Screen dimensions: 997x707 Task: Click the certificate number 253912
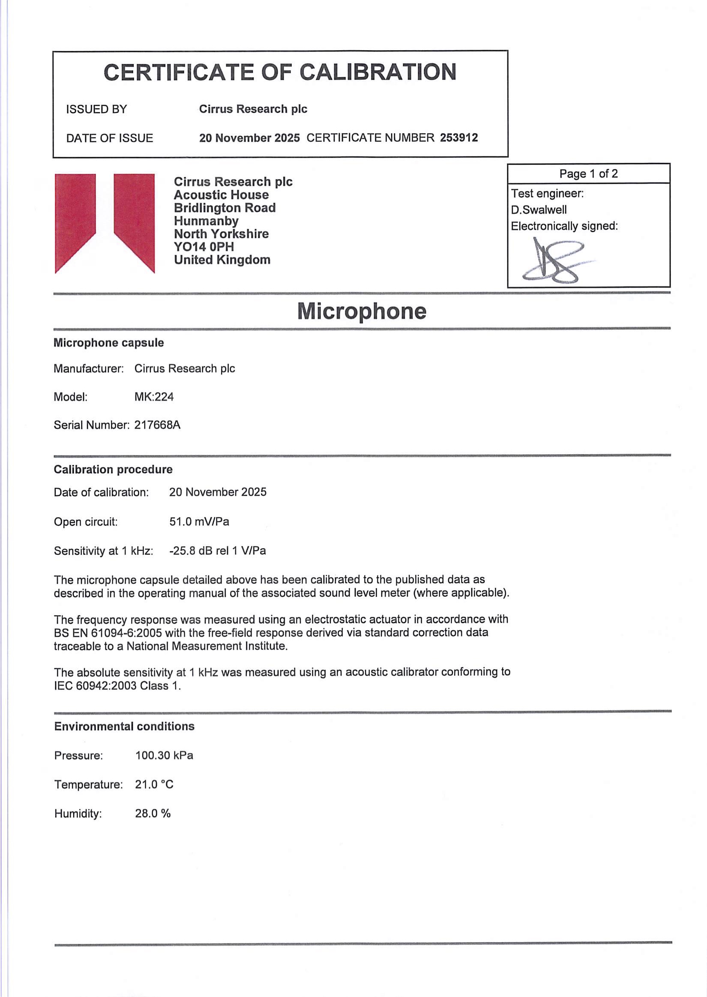[459, 138]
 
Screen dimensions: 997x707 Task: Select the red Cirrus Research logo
[105, 223]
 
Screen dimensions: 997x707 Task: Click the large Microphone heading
[361, 311]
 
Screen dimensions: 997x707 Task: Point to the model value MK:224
[154, 397]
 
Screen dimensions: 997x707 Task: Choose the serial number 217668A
[157, 425]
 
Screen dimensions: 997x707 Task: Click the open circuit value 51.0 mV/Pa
[199, 521]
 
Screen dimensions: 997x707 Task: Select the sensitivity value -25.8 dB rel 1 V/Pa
[217, 551]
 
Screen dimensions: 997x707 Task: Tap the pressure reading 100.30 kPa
[164, 755]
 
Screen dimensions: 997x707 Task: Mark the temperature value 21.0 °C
[154, 784]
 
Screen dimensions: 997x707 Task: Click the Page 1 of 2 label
[588, 174]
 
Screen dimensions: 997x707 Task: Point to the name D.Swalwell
[539, 210]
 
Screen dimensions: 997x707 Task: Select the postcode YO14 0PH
[204, 247]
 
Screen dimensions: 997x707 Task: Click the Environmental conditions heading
[124, 726]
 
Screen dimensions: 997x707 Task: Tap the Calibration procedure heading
[113, 469]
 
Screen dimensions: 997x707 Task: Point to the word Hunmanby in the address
[206, 221]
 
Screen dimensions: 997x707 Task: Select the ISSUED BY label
[96, 109]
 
